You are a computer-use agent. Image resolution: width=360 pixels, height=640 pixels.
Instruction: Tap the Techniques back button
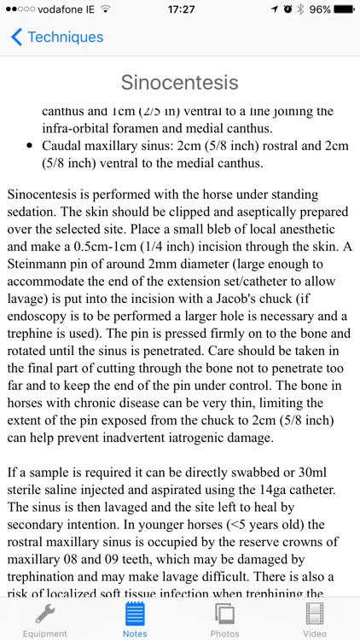(x=57, y=38)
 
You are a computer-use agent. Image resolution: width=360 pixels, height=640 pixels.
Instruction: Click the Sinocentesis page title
(x=179, y=83)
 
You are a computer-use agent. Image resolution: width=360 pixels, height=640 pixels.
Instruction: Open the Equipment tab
(x=44, y=618)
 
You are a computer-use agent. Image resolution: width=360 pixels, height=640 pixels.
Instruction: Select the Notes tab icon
(x=135, y=614)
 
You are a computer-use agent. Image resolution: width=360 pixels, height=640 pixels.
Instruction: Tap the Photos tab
(x=225, y=618)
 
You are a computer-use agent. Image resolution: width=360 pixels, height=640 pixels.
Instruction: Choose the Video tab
(x=315, y=618)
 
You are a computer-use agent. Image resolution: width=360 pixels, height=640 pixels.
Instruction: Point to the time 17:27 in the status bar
(x=180, y=9)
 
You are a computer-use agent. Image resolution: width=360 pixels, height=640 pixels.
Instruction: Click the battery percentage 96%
(x=320, y=9)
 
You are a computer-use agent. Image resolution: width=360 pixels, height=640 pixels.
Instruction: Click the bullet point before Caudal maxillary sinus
(x=31, y=146)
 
